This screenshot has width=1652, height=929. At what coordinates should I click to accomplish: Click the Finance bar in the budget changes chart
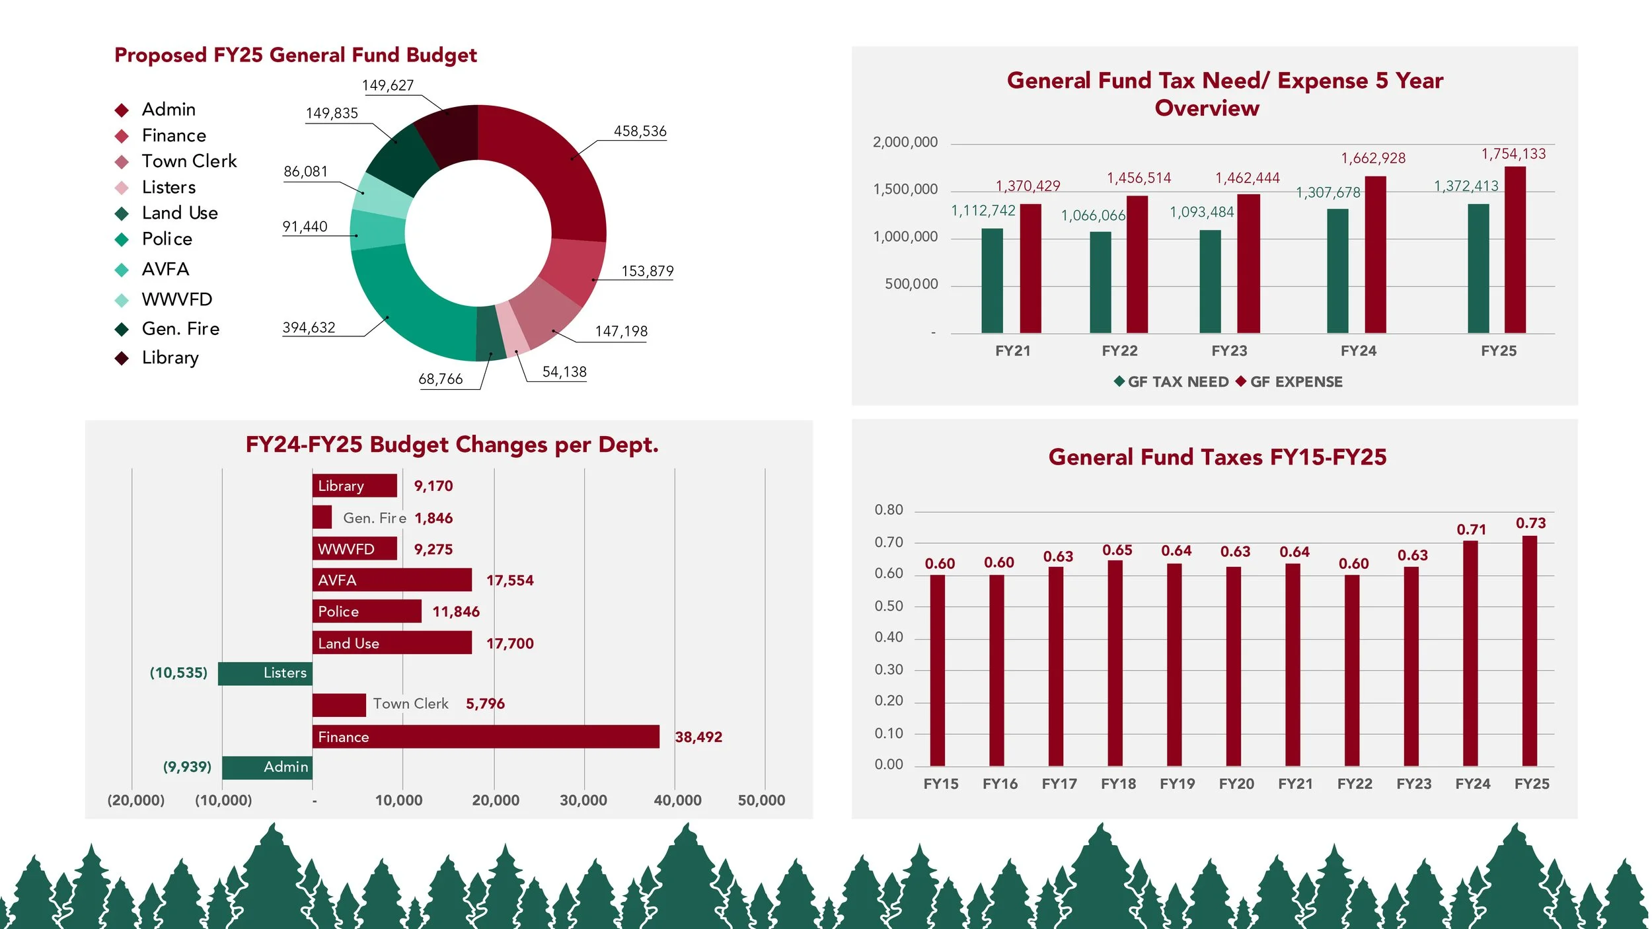click(x=486, y=737)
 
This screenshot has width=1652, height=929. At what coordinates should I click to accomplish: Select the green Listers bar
click(x=265, y=673)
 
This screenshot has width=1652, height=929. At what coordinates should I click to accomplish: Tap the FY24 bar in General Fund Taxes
click(x=1470, y=653)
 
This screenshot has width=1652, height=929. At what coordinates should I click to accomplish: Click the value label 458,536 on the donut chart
click(x=640, y=131)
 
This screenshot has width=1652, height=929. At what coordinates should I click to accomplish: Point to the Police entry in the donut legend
click(x=167, y=239)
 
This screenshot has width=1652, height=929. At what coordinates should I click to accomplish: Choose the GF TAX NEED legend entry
click(x=1171, y=382)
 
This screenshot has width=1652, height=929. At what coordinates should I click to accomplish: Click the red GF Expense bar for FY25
click(x=1515, y=250)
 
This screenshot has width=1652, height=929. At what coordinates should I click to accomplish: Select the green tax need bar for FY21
click(x=992, y=281)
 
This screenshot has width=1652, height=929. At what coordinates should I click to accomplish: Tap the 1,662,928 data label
click(x=1373, y=159)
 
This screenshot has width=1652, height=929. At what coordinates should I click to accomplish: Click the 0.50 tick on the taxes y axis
click(x=889, y=606)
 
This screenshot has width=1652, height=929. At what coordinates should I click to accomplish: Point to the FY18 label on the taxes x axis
click(x=1118, y=784)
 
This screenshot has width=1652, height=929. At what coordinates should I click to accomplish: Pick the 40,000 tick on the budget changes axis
click(x=677, y=800)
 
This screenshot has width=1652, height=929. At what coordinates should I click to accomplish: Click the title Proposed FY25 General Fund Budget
click(x=295, y=55)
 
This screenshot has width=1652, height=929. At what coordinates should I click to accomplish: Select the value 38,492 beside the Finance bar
click(x=698, y=737)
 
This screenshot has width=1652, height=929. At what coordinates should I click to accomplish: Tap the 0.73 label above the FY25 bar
click(x=1530, y=523)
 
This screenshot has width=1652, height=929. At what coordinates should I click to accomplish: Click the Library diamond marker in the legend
click(x=122, y=358)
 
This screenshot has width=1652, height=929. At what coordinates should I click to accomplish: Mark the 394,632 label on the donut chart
click(x=309, y=328)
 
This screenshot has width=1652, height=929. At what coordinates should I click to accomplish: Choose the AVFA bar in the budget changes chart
click(x=392, y=580)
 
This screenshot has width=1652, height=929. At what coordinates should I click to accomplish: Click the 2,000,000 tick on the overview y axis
click(x=905, y=142)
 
